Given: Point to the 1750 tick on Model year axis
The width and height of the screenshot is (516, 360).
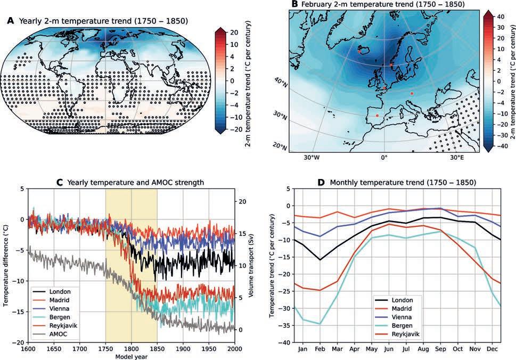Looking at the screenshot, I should pos(105,349).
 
